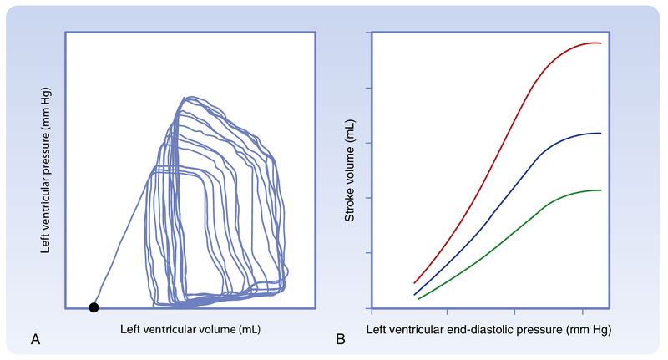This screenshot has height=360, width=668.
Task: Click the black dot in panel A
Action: click(x=94, y=307)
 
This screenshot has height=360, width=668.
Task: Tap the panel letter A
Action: click(x=35, y=339)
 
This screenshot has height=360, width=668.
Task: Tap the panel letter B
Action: click(x=341, y=339)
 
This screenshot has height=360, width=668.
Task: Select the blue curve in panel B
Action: click(x=501, y=197)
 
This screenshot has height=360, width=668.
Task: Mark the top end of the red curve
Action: click(x=600, y=43)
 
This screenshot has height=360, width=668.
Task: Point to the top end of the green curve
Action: click(x=600, y=190)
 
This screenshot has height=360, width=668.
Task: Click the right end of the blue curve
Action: click(x=600, y=134)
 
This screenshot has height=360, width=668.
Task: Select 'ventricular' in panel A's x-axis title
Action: click(x=164, y=330)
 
